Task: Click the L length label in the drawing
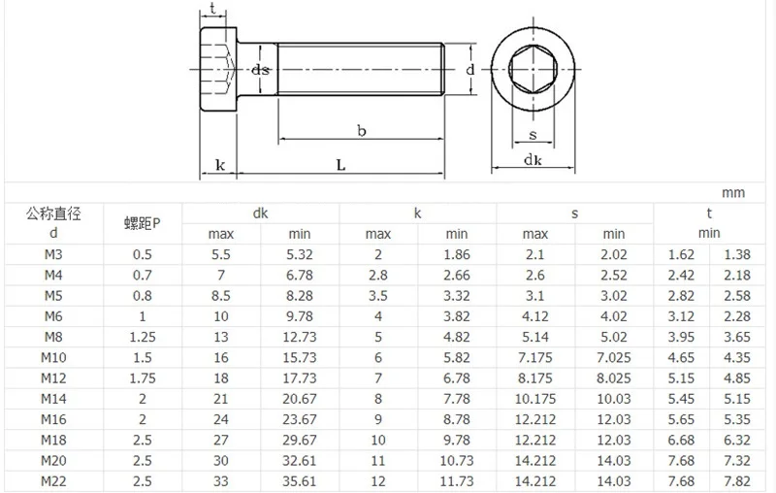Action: (340, 166)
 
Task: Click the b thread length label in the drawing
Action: (361, 130)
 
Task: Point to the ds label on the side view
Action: (260, 71)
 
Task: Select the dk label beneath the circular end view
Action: (533, 160)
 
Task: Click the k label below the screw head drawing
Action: (220, 166)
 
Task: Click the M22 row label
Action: (53, 481)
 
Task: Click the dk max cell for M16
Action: (221, 420)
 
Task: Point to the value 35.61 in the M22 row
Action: (300, 481)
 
